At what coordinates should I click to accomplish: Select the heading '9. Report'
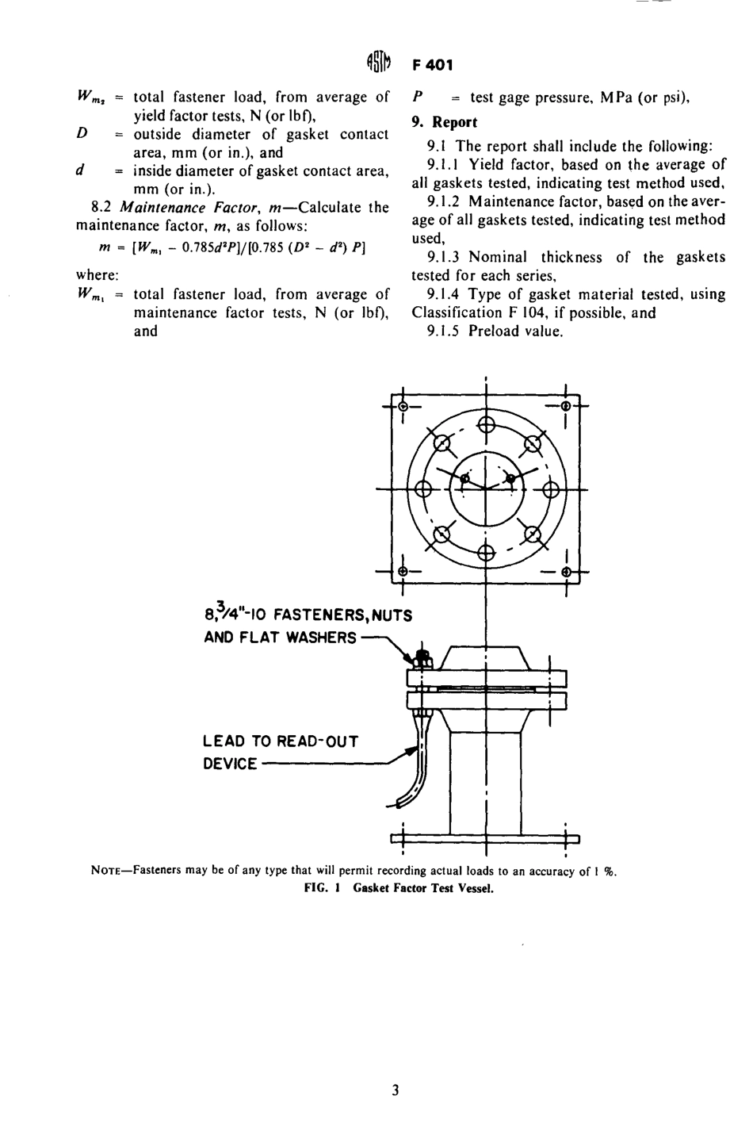click(x=445, y=122)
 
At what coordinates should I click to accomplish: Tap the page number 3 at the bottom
click(x=395, y=1090)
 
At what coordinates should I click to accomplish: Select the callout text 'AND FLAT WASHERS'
click(x=280, y=637)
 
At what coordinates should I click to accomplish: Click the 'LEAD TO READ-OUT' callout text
click(x=281, y=741)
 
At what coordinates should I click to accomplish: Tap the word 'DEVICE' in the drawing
click(x=230, y=764)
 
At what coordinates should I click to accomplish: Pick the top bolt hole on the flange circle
click(x=485, y=428)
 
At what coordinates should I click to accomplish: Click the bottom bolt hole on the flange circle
click(x=485, y=553)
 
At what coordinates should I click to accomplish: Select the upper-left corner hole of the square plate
click(x=403, y=406)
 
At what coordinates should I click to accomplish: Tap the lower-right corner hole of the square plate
click(x=566, y=572)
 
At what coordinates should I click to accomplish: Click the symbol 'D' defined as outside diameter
click(x=81, y=134)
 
